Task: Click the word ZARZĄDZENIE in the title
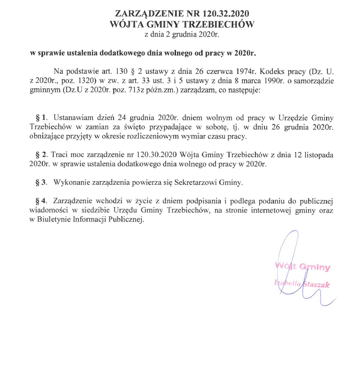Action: [142, 13]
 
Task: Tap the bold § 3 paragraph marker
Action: [42, 182]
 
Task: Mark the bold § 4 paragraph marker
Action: [42, 200]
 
